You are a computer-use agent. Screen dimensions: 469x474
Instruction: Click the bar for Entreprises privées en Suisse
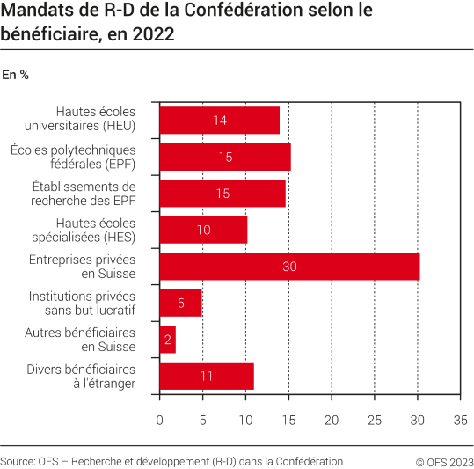point(289,266)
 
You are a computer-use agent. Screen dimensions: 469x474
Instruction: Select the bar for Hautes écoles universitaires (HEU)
point(219,120)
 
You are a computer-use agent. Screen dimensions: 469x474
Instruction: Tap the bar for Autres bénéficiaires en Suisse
point(167,339)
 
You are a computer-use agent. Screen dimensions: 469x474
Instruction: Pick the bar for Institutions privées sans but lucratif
point(180,303)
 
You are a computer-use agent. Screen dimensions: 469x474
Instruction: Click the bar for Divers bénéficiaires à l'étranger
point(206,376)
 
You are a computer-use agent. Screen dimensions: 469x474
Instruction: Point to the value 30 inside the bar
point(290,266)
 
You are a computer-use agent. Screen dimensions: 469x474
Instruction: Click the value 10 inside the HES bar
point(203,230)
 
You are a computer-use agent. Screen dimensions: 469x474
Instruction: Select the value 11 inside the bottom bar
point(207,376)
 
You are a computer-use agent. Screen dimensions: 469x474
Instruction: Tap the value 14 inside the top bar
point(220,120)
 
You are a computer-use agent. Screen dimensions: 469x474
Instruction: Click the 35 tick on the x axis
point(459,421)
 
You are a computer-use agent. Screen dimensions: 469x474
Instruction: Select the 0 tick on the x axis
point(159,421)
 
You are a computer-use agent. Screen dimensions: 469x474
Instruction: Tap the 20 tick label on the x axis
point(331,421)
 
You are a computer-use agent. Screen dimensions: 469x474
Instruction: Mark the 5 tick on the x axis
point(202,421)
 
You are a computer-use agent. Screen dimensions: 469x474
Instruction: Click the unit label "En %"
point(16,75)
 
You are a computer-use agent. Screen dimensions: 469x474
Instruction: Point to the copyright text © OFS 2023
point(444,461)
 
